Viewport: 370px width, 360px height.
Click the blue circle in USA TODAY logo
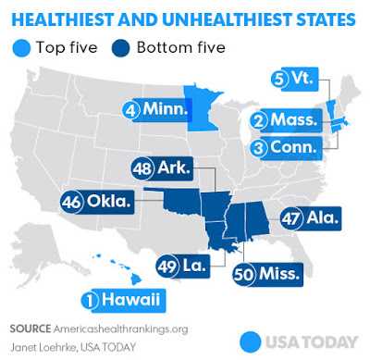pyautogui.click(x=249, y=340)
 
